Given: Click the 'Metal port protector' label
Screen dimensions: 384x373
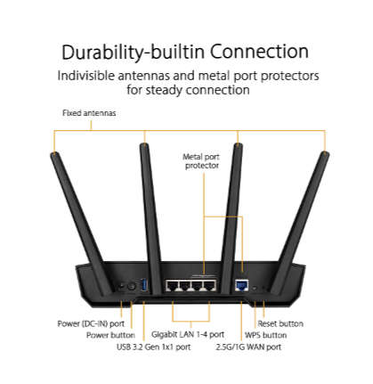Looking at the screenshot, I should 201,162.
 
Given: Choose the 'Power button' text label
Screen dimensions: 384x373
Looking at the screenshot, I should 109,335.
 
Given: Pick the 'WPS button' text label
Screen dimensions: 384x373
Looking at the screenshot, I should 264,335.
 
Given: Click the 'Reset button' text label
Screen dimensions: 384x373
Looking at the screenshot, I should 280,323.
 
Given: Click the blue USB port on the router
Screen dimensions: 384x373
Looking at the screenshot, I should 145,286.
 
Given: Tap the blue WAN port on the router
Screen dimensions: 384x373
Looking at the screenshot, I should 239,285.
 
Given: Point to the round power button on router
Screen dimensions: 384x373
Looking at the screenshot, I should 133,286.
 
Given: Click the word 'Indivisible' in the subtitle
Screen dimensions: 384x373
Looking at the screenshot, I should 93,76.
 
